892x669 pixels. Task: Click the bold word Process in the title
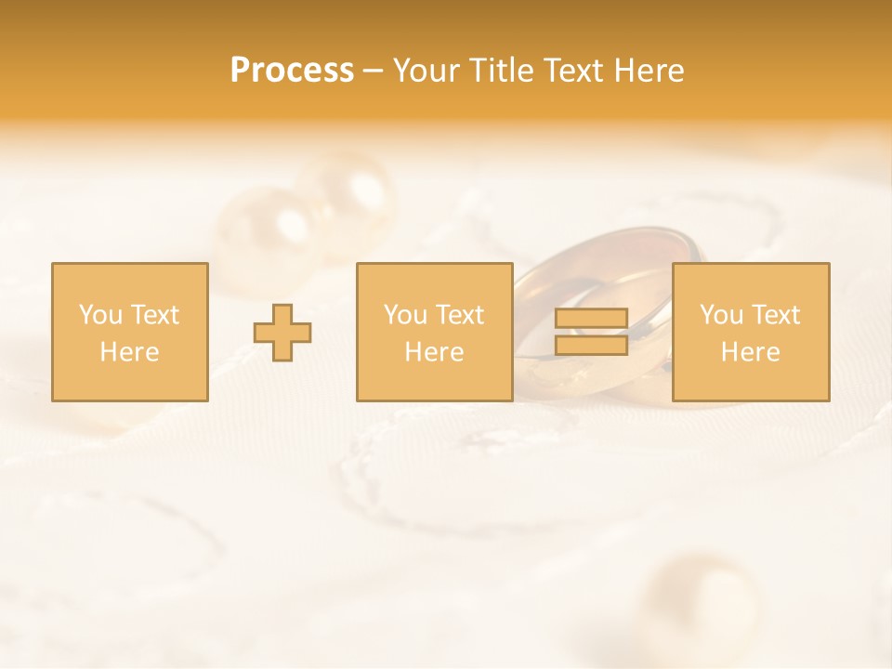point(292,71)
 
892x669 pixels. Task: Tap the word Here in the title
point(649,71)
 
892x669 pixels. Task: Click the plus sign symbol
point(283,333)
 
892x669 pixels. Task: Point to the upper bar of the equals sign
point(591,319)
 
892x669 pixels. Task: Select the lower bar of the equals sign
point(591,345)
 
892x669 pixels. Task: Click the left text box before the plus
point(130,333)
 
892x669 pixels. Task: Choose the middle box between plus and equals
point(435,333)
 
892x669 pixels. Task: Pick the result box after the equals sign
point(751,333)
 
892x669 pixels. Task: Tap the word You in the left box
point(100,315)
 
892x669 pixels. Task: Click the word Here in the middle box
point(435,352)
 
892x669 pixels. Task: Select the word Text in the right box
point(777,315)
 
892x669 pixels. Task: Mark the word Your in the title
point(426,71)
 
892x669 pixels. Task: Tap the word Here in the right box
point(751,352)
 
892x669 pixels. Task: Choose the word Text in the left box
point(155,315)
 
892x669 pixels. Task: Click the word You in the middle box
point(405,315)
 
